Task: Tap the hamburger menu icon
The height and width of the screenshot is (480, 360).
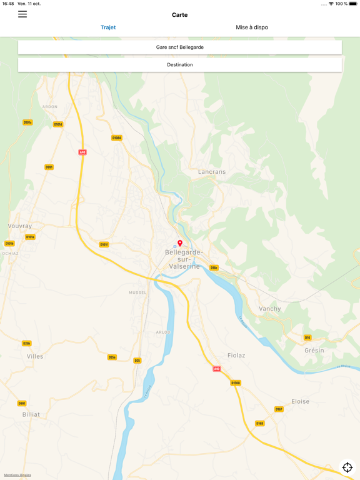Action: (22, 14)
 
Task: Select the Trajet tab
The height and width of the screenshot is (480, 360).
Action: (108, 27)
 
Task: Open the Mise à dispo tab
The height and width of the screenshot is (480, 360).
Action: (252, 27)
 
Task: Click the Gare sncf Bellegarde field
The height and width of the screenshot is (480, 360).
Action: (180, 47)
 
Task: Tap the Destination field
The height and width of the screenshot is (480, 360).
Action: (180, 65)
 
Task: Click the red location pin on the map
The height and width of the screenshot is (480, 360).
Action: (180, 243)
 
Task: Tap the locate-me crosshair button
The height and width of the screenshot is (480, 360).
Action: (347, 467)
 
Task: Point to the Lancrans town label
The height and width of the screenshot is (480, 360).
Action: (212, 171)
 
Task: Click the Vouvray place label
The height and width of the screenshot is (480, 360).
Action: (20, 226)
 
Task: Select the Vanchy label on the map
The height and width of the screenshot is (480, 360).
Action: (270, 309)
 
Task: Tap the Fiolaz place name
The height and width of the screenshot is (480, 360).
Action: (236, 355)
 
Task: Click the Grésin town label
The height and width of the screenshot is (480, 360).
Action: (314, 351)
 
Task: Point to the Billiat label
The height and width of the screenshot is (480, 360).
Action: (31, 414)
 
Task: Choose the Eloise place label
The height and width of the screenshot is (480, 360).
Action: (300, 401)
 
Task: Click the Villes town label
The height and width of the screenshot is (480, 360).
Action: (35, 356)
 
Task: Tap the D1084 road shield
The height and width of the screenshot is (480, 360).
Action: (117, 138)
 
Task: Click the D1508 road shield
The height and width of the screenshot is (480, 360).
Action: (236, 383)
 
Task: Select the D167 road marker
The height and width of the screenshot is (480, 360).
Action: (279, 409)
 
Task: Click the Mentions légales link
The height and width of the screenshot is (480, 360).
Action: (17, 475)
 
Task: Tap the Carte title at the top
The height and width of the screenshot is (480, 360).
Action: (180, 15)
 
